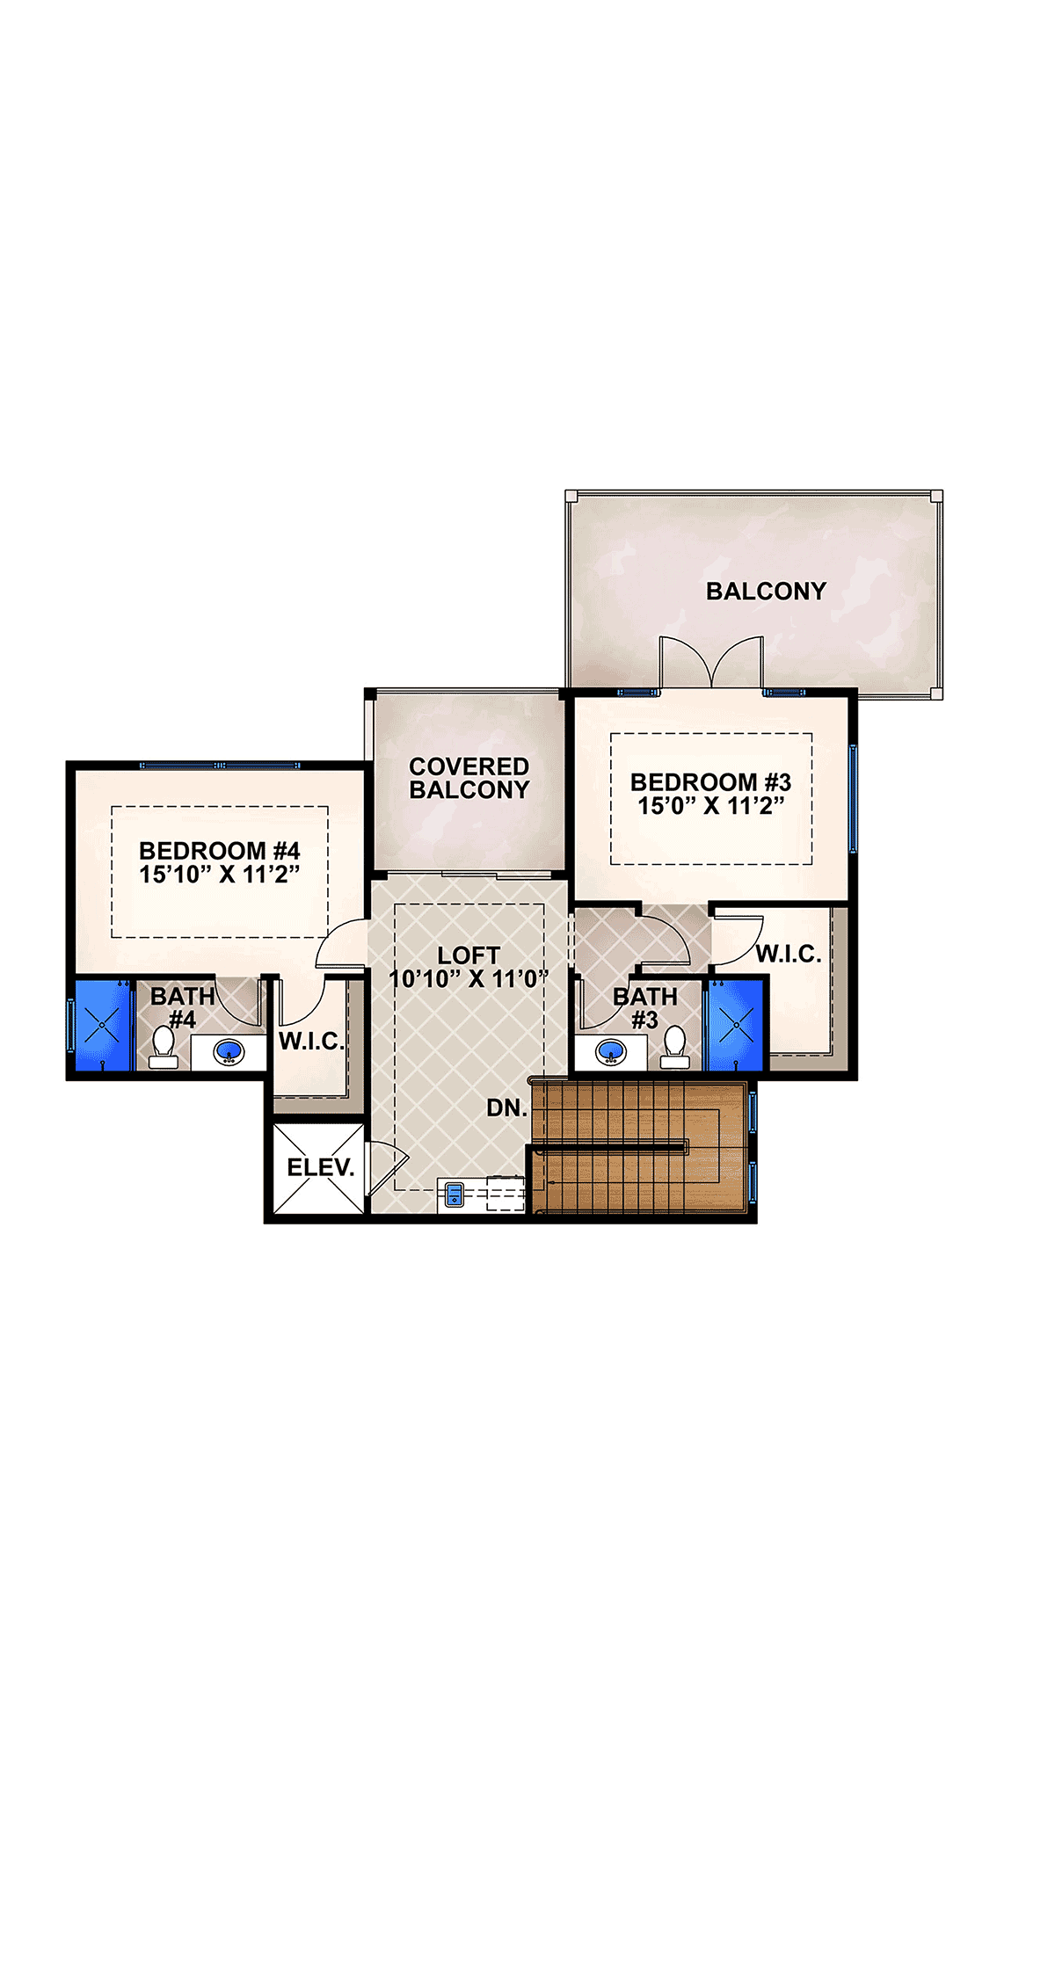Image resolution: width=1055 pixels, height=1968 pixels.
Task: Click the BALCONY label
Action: pos(767,591)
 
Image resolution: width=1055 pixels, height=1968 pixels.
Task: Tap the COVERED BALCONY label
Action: pos(469,778)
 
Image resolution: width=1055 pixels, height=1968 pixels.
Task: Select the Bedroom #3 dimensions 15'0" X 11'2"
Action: pos(710,806)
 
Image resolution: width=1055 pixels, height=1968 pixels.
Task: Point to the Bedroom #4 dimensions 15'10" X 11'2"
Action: pos(220,875)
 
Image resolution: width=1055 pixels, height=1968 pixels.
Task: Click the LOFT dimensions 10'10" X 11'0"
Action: pos(469,978)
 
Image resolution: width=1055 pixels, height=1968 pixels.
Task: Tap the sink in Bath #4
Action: pos(229,1052)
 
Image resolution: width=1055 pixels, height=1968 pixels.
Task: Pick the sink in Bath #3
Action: pos(610,1051)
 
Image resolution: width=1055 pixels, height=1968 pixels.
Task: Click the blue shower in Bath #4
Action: pos(103,1026)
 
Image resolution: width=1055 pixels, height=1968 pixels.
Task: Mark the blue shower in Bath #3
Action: pos(736,1026)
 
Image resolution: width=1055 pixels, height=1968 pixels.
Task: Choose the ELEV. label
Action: pos(321,1167)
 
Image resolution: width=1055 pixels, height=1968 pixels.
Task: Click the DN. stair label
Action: pos(507,1108)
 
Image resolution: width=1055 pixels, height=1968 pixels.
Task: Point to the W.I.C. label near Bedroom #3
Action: pos(789,955)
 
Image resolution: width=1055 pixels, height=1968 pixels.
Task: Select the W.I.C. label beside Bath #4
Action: pos(312,1042)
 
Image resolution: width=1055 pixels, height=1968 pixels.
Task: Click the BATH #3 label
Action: pos(645,1008)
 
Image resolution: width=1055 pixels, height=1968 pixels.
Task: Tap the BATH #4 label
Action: pos(183,1008)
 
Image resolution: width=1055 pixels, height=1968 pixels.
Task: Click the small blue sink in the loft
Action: pos(455,1195)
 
